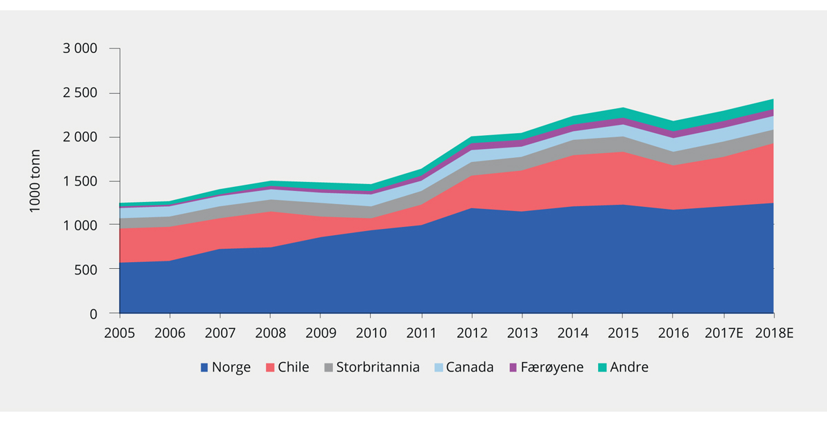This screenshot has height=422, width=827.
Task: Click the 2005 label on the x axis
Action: [x=119, y=333]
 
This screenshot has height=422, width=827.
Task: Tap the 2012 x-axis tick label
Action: [x=472, y=333]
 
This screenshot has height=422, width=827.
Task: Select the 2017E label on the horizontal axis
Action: [x=724, y=333]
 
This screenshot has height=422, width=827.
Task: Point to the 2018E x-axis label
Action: [x=774, y=333]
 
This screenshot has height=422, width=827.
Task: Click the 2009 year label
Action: [x=320, y=333]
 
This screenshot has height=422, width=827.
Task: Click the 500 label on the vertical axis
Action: [x=88, y=270]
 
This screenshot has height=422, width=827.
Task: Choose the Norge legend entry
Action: [x=231, y=368]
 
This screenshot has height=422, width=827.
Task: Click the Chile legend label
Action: [x=294, y=368]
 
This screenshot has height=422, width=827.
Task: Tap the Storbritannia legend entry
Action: [x=376, y=368]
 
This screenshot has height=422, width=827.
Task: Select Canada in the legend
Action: [x=469, y=368]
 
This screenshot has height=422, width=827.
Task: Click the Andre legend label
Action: [x=629, y=368]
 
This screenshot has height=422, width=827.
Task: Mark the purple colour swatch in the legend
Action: [x=513, y=368]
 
